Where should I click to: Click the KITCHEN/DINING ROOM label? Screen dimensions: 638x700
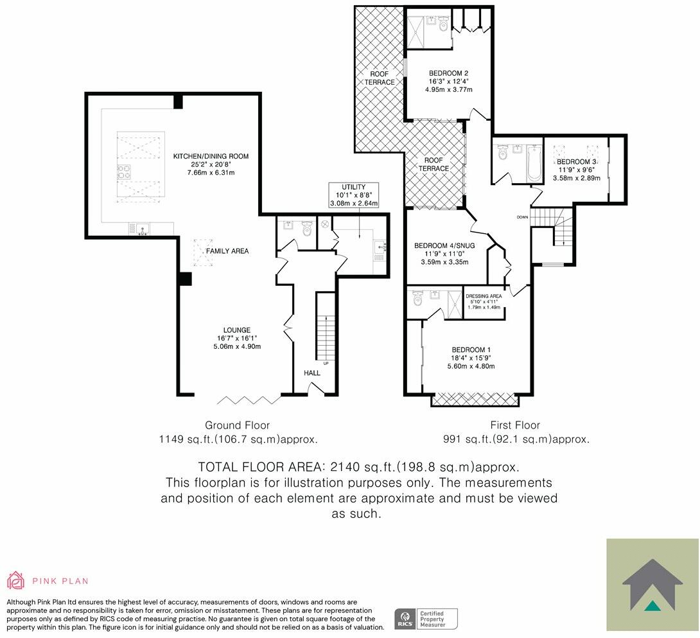[211, 156]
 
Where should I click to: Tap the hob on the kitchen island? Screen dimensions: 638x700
[124, 172]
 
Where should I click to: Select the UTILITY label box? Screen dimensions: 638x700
[353, 195]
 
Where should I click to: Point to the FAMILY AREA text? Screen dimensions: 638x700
[227, 251]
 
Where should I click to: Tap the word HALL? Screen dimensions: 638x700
[311, 373]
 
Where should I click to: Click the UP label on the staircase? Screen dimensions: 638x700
[326, 364]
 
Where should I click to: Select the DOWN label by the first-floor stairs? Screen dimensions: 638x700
[522, 217]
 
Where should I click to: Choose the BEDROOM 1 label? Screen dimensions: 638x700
[473, 349]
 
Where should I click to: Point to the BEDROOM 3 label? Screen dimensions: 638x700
[577, 161]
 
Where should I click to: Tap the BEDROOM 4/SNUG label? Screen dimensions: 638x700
[444, 245]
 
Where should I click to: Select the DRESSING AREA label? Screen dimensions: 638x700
[484, 296]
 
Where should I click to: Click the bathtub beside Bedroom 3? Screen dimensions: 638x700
[532, 163]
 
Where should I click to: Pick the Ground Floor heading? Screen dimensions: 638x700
[237, 425]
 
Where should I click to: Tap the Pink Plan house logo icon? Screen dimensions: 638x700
[15, 580]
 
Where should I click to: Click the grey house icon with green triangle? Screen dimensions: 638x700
[652, 585]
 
